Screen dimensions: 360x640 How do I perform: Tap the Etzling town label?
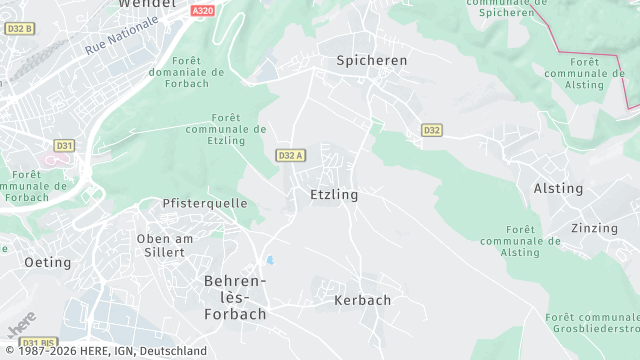[x=334, y=194]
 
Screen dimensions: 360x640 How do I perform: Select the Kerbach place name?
[x=363, y=299]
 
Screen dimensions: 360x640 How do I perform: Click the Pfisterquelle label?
[x=205, y=203]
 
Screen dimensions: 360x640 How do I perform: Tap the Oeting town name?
[x=48, y=262]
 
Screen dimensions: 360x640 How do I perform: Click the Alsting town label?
[x=558, y=188]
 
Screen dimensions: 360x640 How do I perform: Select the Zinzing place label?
[x=594, y=228]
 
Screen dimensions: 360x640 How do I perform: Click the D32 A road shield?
[x=290, y=155]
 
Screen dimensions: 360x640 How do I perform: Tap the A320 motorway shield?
[x=203, y=10]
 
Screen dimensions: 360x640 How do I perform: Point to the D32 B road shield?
[x=19, y=29]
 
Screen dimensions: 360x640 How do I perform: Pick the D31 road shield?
[x=64, y=145]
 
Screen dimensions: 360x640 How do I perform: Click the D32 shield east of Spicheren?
[x=431, y=130]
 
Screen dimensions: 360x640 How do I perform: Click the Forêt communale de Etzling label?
[x=227, y=129]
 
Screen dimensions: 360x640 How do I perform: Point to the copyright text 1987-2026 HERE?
[x=104, y=351]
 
